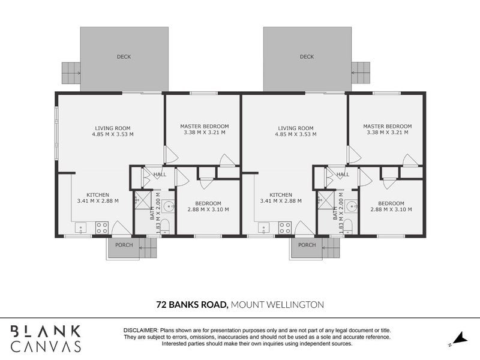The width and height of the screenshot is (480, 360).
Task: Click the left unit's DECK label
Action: pyautogui.click(x=124, y=56)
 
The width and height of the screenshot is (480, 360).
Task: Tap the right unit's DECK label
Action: pyautogui.click(x=307, y=56)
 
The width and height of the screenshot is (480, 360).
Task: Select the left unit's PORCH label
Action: pyautogui.click(x=124, y=245)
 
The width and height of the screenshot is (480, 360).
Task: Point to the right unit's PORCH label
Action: pyautogui.click(x=307, y=245)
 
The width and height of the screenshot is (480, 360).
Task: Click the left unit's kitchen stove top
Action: pyautogui.click(x=101, y=228)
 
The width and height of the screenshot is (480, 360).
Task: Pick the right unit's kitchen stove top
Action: pyautogui.click(x=284, y=228)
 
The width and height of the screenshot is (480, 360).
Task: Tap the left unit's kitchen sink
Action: pyautogui.click(x=81, y=228)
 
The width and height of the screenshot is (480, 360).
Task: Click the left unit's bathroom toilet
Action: pyautogui.click(x=166, y=226)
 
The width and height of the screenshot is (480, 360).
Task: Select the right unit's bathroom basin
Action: pyautogui.click(x=351, y=206)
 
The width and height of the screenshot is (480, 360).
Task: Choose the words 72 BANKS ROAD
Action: pyautogui.click(x=192, y=305)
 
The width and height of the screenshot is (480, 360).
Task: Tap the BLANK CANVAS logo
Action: pyautogui.click(x=46, y=338)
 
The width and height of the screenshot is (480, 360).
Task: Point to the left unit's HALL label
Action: pyautogui.click(x=160, y=175)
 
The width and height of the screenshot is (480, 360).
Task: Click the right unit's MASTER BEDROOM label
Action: pyautogui.click(x=388, y=126)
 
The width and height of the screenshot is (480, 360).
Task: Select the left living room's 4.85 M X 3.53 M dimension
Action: pyautogui.click(x=113, y=134)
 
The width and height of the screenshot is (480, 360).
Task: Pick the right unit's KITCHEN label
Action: pyautogui.click(x=281, y=194)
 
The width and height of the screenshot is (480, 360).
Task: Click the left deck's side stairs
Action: pyautogui.click(x=71, y=73)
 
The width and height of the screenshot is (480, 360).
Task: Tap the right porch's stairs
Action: pyautogui.click(x=331, y=248)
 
